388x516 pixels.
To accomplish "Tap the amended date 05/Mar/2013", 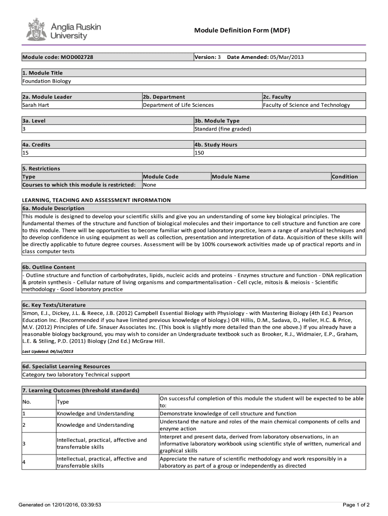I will [x=287, y=57].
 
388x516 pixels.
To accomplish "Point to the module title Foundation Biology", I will [x=46, y=81].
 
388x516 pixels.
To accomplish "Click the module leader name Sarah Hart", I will [x=35, y=105].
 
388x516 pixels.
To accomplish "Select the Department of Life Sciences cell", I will [x=178, y=105].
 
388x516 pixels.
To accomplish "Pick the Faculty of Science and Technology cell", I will [x=306, y=105].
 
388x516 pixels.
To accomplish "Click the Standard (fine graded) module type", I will [x=223, y=129].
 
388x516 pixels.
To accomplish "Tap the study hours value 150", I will [x=199, y=153].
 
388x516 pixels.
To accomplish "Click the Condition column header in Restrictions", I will [x=345, y=177].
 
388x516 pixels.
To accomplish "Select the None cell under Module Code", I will [x=150, y=185].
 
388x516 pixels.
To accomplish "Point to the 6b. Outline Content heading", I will [x=48, y=267].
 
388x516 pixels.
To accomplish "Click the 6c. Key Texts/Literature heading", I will [x=54, y=305].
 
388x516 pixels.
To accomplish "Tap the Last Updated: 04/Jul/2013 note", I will [x=48, y=351].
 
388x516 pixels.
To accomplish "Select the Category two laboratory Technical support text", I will [x=76, y=374].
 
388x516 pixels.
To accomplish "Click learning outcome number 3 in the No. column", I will [x=24, y=443].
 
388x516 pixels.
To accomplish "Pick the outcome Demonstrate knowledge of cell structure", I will [x=228, y=414].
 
